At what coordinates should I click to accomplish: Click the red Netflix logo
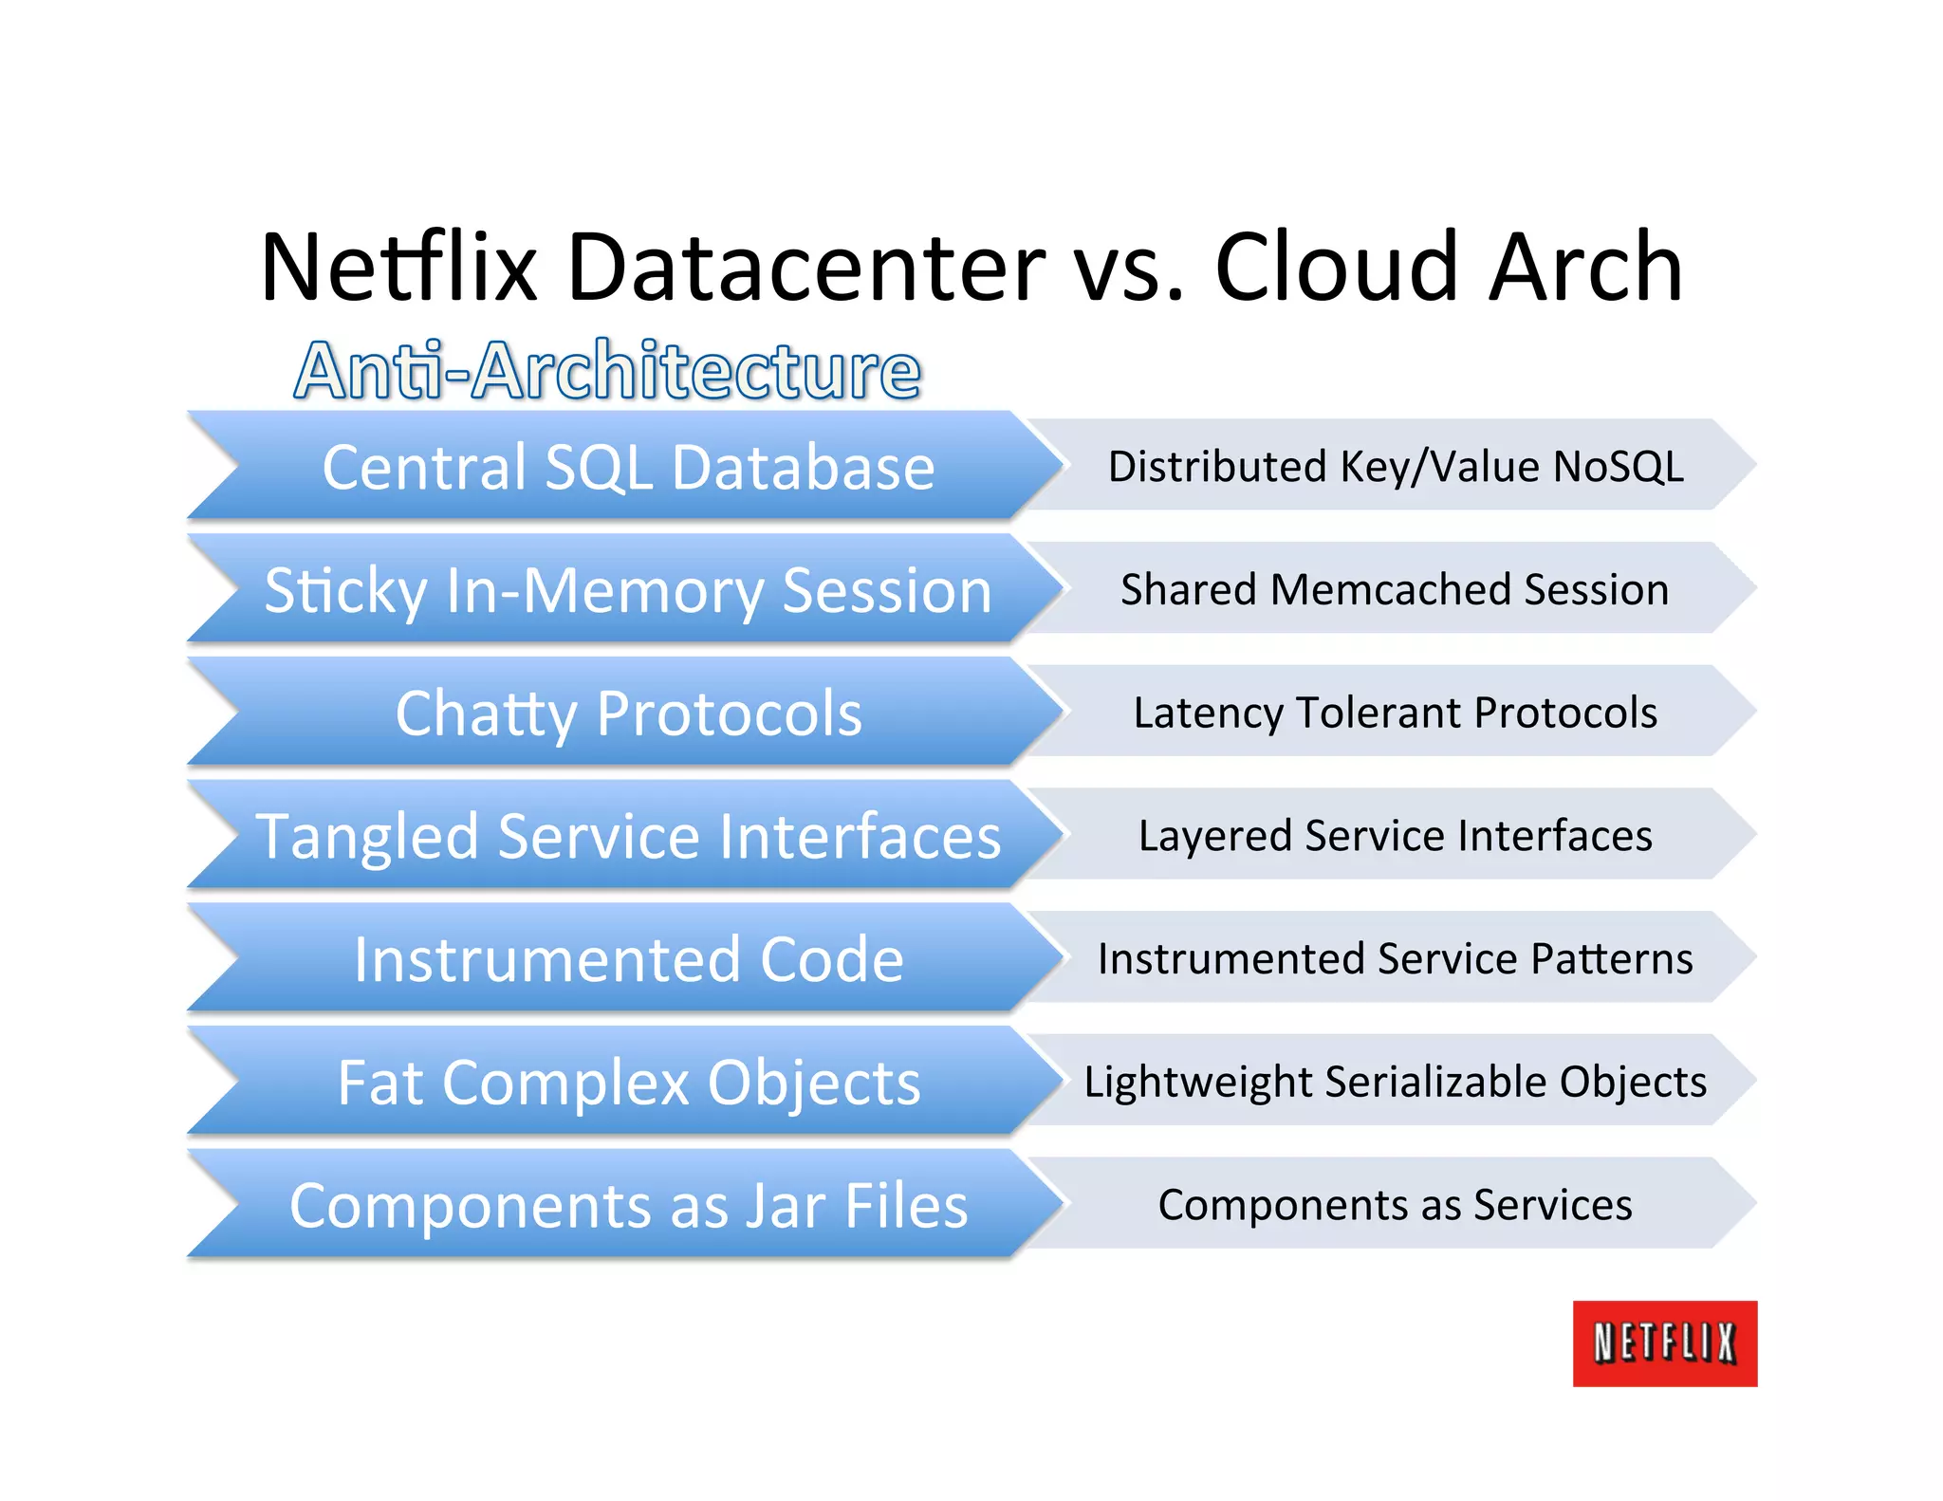coord(1664,1343)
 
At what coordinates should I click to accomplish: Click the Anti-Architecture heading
coord(607,370)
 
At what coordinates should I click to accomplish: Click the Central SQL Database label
coord(628,467)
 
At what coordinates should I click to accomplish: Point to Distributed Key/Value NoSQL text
coord(1396,467)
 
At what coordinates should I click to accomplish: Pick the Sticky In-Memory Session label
coord(628,590)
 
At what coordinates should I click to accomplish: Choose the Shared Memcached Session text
coord(1395,590)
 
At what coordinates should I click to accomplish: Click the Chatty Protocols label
coord(628,713)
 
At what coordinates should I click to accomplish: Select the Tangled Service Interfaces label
coord(628,837)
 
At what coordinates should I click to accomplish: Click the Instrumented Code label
coord(628,959)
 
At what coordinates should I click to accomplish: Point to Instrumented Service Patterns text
coord(1395,959)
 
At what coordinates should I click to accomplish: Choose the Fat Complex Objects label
coord(628,1083)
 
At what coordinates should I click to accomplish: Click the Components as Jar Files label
coord(628,1206)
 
